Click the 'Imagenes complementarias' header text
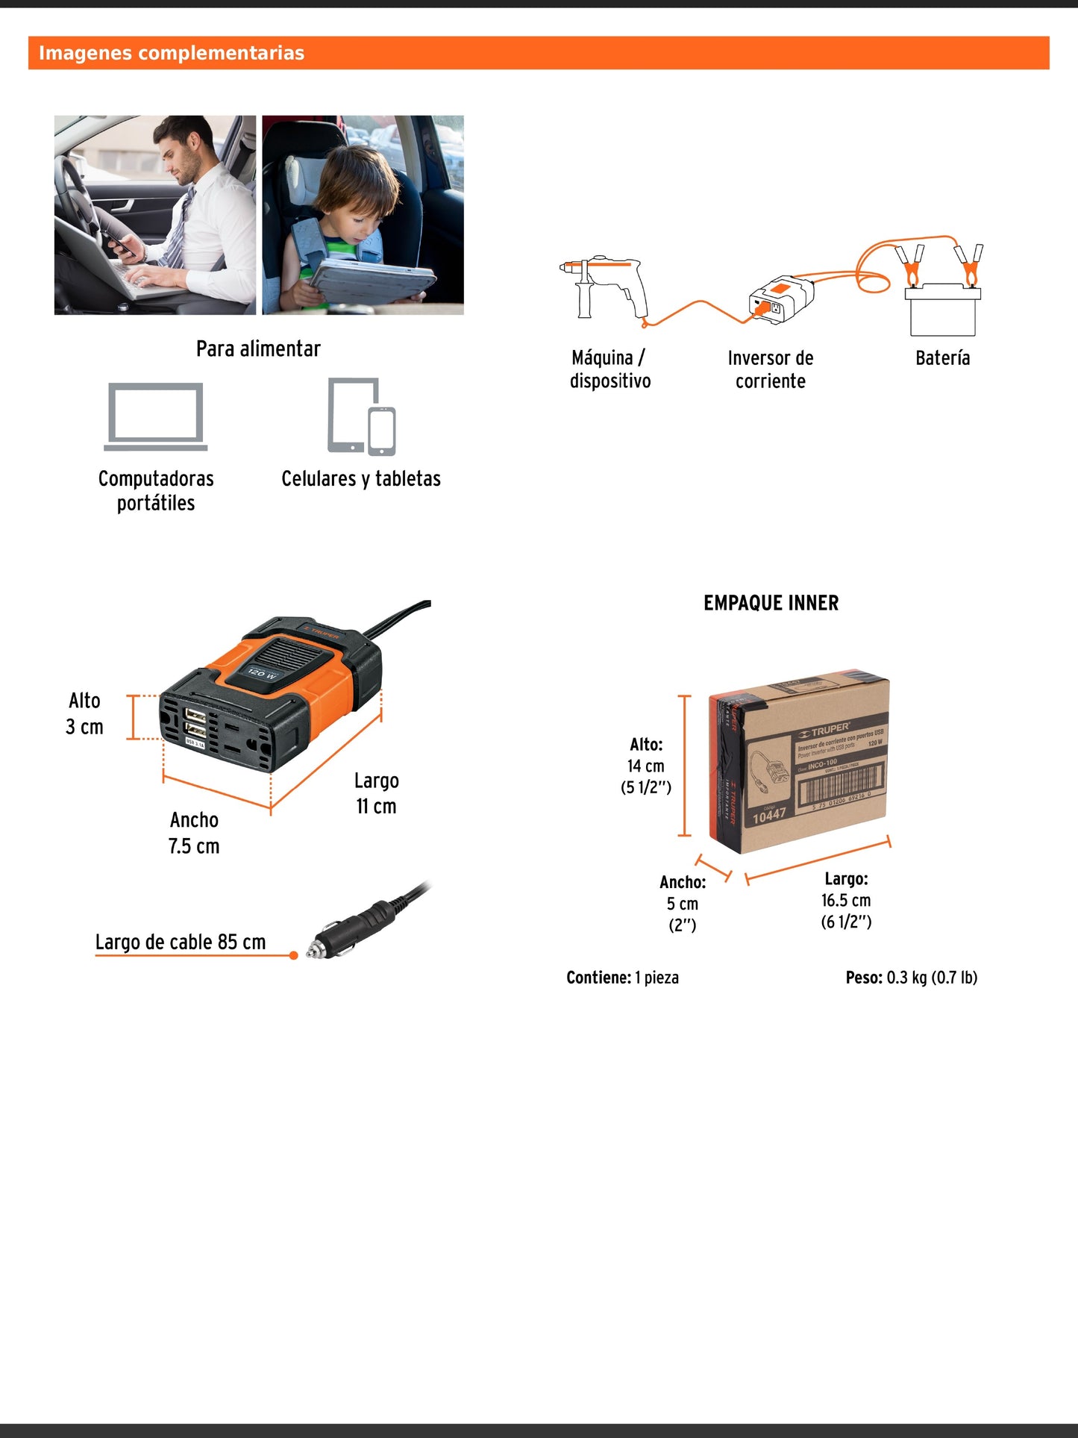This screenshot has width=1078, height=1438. (x=172, y=53)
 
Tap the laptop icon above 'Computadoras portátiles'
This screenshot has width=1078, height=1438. (x=155, y=416)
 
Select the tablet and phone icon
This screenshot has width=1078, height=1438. (x=362, y=416)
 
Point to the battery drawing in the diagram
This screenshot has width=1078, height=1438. (x=943, y=308)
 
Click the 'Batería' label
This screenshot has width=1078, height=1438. (x=942, y=358)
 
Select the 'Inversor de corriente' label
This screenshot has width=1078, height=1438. (x=771, y=369)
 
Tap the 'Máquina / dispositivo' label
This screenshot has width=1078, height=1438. (x=609, y=369)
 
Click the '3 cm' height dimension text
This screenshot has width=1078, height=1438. (x=84, y=727)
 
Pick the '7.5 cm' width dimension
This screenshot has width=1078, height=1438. (x=194, y=846)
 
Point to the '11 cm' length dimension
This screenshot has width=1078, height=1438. (x=376, y=807)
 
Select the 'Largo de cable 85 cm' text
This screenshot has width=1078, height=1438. (x=181, y=942)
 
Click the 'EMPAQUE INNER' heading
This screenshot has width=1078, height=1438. (x=771, y=603)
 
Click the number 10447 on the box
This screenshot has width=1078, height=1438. (x=768, y=816)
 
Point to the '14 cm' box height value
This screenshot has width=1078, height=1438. (x=645, y=766)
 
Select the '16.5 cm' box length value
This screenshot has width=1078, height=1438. (x=846, y=901)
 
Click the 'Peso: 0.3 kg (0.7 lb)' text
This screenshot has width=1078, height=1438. (x=911, y=978)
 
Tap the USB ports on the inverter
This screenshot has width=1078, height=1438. (x=195, y=722)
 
